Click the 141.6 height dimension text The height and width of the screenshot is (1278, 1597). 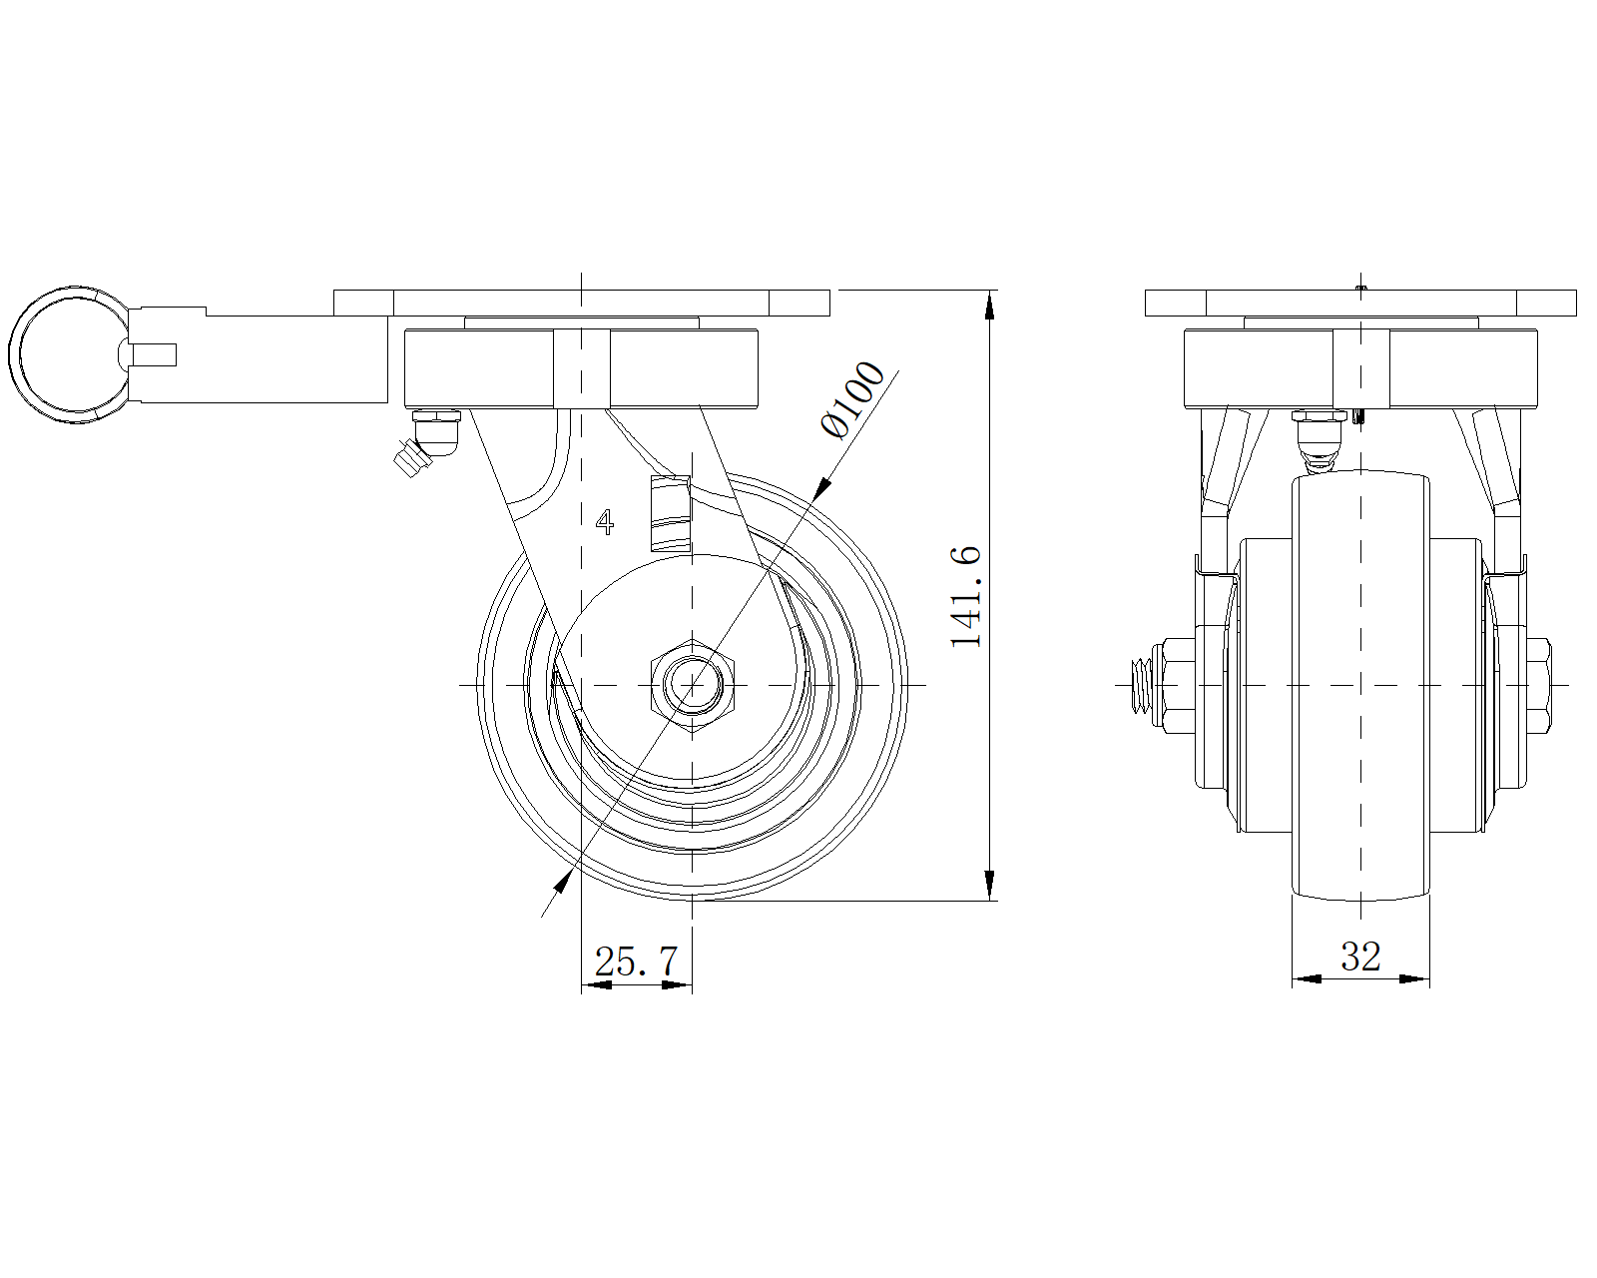click(x=966, y=597)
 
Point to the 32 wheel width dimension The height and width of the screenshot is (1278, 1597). click(x=1360, y=957)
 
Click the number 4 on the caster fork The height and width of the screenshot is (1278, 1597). click(x=605, y=522)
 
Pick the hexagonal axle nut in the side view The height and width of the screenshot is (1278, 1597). click(x=693, y=685)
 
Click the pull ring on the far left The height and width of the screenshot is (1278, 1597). click(x=68, y=355)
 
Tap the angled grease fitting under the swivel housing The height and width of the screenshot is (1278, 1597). click(x=426, y=442)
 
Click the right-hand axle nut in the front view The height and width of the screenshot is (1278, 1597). click(x=1538, y=685)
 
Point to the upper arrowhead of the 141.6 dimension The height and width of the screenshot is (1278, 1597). click(x=989, y=307)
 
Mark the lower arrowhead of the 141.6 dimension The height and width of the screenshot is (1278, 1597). click(x=989, y=885)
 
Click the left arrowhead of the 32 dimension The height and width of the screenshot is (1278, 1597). click(x=1307, y=978)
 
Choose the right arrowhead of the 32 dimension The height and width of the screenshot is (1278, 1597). click(x=1414, y=978)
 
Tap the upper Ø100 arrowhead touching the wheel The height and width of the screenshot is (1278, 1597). click(x=821, y=488)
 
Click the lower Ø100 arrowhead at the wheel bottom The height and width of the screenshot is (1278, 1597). click(x=563, y=882)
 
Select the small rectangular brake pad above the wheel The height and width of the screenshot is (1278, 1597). click(x=670, y=514)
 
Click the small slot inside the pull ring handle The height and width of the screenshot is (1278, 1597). click(x=154, y=355)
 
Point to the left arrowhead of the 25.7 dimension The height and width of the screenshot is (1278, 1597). click(x=597, y=985)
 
